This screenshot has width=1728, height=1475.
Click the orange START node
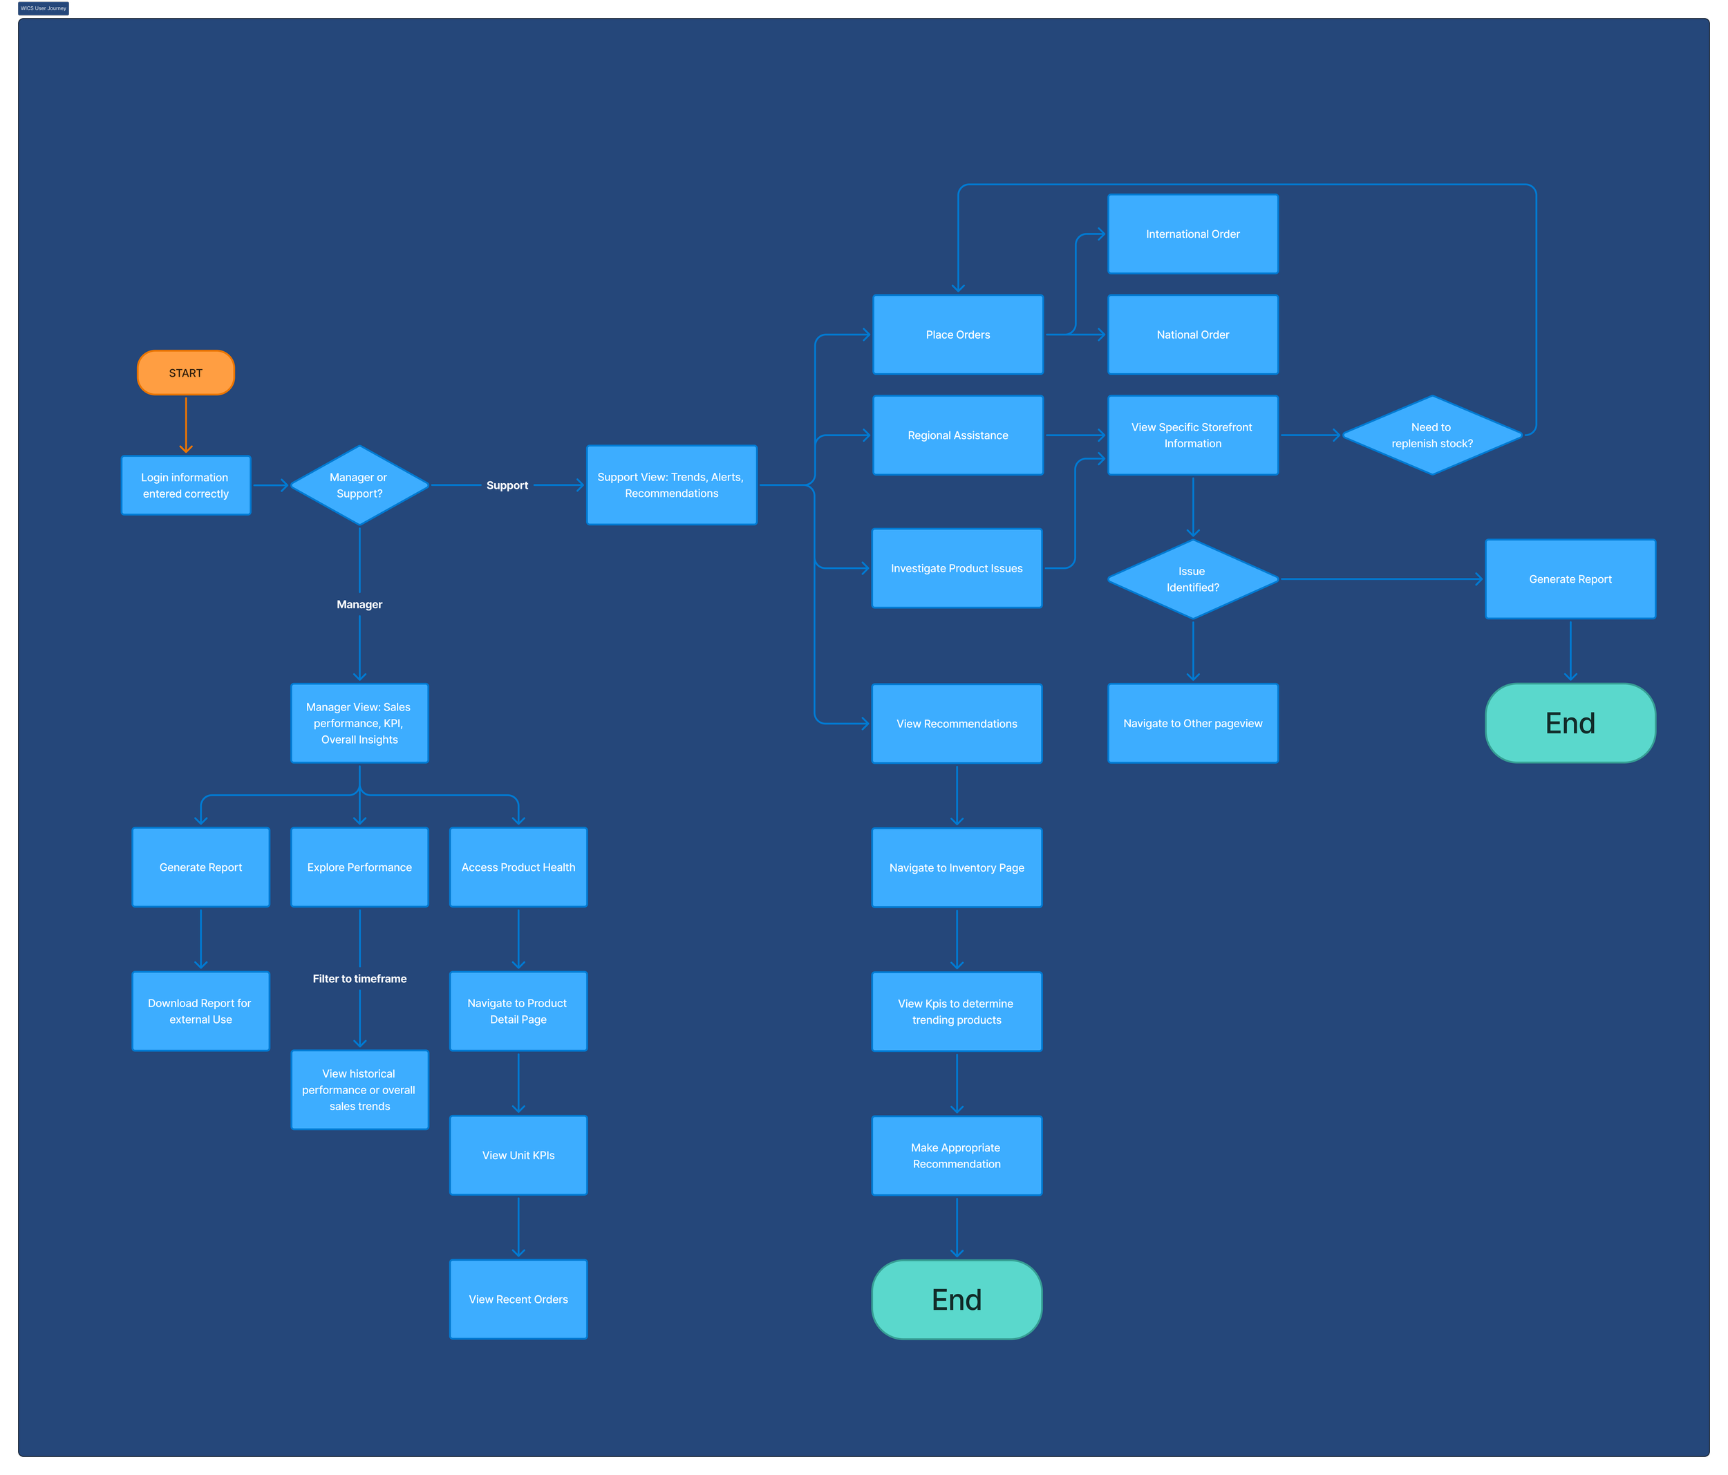[185, 373]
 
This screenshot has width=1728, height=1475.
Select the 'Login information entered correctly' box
[185, 485]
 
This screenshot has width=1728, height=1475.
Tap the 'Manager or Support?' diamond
[359, 485]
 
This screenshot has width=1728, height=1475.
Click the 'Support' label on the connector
[507, 485]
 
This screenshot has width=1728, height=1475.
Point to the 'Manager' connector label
[359, 605]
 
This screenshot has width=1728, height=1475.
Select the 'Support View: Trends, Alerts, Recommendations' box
[671, 485]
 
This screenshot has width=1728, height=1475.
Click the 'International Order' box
[1192, 234]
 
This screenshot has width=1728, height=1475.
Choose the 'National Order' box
[1192, 335]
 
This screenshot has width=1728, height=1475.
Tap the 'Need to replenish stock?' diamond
[1432, 435]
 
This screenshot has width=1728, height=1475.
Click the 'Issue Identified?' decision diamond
[1192, 579]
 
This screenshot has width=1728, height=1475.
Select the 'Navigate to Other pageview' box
[1192, 724]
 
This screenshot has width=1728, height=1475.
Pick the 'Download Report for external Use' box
[200, 1011]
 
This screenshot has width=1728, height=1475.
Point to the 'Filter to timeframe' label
[359, 979]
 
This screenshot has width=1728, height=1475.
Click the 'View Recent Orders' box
[518, 1299]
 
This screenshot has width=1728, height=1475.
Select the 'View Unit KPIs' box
[518, 1155]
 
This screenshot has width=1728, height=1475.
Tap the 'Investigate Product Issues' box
[957, 569]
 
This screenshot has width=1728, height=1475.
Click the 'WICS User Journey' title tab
[44, 8]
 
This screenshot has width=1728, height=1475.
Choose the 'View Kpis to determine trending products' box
[957, 1011]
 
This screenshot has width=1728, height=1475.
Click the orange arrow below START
[186, 425]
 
